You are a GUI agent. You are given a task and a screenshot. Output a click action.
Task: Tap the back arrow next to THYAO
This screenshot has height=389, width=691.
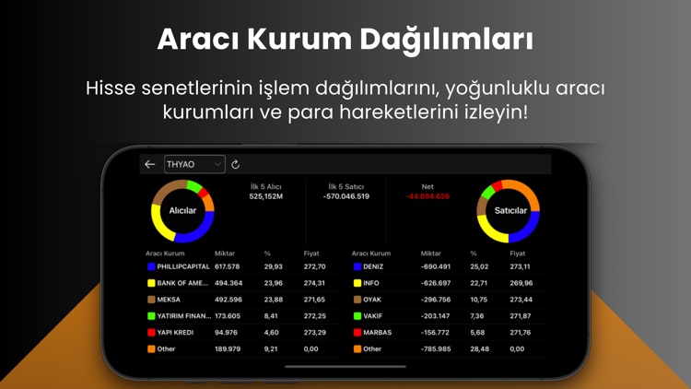[x=150, y=164]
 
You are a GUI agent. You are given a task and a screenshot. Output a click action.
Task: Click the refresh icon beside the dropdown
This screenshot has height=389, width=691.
[x=236, y=164]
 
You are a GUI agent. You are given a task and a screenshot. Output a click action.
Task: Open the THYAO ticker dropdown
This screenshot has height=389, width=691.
[x=194, y=164]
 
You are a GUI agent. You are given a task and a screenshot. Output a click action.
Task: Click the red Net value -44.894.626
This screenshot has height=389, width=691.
[x=427, y=196]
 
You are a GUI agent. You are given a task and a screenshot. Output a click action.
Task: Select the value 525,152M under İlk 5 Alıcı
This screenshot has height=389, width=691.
[x=266, y=196]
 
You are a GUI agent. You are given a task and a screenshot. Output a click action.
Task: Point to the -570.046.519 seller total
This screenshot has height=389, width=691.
[x=346, y=196]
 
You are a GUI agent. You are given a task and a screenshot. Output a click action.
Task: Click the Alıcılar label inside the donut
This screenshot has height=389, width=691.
[x=182, y=211]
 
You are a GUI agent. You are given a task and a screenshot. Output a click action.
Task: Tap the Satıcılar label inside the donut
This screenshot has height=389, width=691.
[x=509, y=211]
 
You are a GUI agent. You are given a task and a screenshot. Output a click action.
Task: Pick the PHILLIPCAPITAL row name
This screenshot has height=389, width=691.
[x=183, y=266]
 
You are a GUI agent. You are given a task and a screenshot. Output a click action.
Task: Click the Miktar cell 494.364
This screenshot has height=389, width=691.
[x=228, y=283]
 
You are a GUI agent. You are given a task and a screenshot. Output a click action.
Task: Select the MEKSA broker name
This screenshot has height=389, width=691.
[x=169, y=300]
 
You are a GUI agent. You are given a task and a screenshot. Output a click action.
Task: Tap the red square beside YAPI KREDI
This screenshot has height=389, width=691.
[x=151, y=332]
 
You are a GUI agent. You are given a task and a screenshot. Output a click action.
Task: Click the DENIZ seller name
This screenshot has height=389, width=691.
[x=373, y=266]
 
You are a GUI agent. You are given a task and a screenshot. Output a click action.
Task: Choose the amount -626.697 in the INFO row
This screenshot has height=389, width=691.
[x=436, y=283]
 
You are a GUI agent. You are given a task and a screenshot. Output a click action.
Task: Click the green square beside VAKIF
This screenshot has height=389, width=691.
[x=357, y=316]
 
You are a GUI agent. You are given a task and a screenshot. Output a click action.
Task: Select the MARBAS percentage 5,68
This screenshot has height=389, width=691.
[x=476, y=332]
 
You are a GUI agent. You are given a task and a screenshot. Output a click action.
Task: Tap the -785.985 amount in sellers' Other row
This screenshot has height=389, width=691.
[x=435, y=348]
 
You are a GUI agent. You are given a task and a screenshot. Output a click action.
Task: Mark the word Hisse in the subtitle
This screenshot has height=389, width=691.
[x=110, y=88]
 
